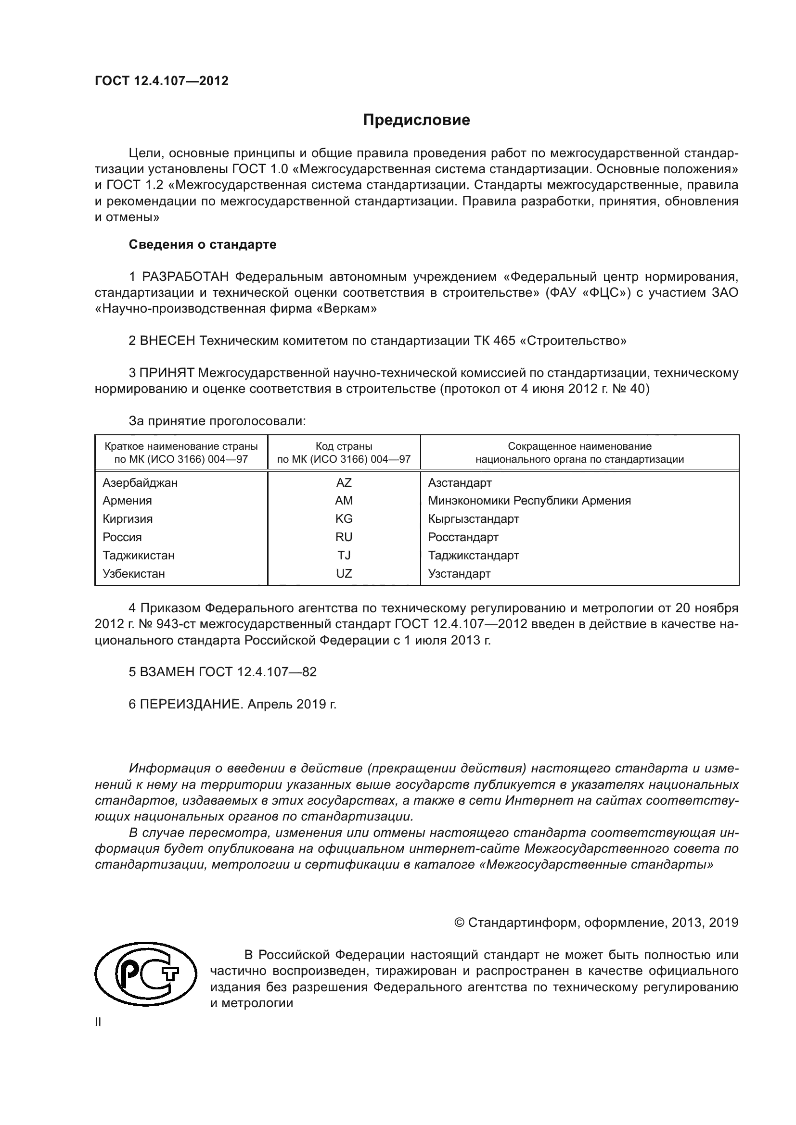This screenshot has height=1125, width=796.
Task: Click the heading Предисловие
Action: (416, 120)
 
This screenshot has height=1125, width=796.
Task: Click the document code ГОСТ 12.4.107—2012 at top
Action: (161, 81)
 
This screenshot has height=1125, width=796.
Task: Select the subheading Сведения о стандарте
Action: (203, 244)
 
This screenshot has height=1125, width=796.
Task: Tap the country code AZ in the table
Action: (344, 482)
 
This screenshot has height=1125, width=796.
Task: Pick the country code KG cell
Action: (344, 519)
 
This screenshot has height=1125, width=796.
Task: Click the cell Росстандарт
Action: (462, 537)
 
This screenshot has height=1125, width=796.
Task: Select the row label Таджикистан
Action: (138, 555)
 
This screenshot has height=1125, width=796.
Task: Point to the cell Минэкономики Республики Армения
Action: (529, 501)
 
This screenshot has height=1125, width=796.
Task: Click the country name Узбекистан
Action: (133, 573)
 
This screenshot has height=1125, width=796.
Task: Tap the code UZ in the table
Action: (344, 573)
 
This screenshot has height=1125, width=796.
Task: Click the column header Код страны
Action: (344, 446)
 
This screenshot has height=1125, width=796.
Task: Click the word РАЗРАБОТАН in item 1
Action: (185, 277)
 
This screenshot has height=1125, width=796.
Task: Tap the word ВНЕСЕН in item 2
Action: (167, 341)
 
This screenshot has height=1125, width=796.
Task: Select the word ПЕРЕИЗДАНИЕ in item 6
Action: (191, 704)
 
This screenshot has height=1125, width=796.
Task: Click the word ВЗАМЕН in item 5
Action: (167, 672)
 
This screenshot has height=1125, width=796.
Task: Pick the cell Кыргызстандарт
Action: (473, 519)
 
